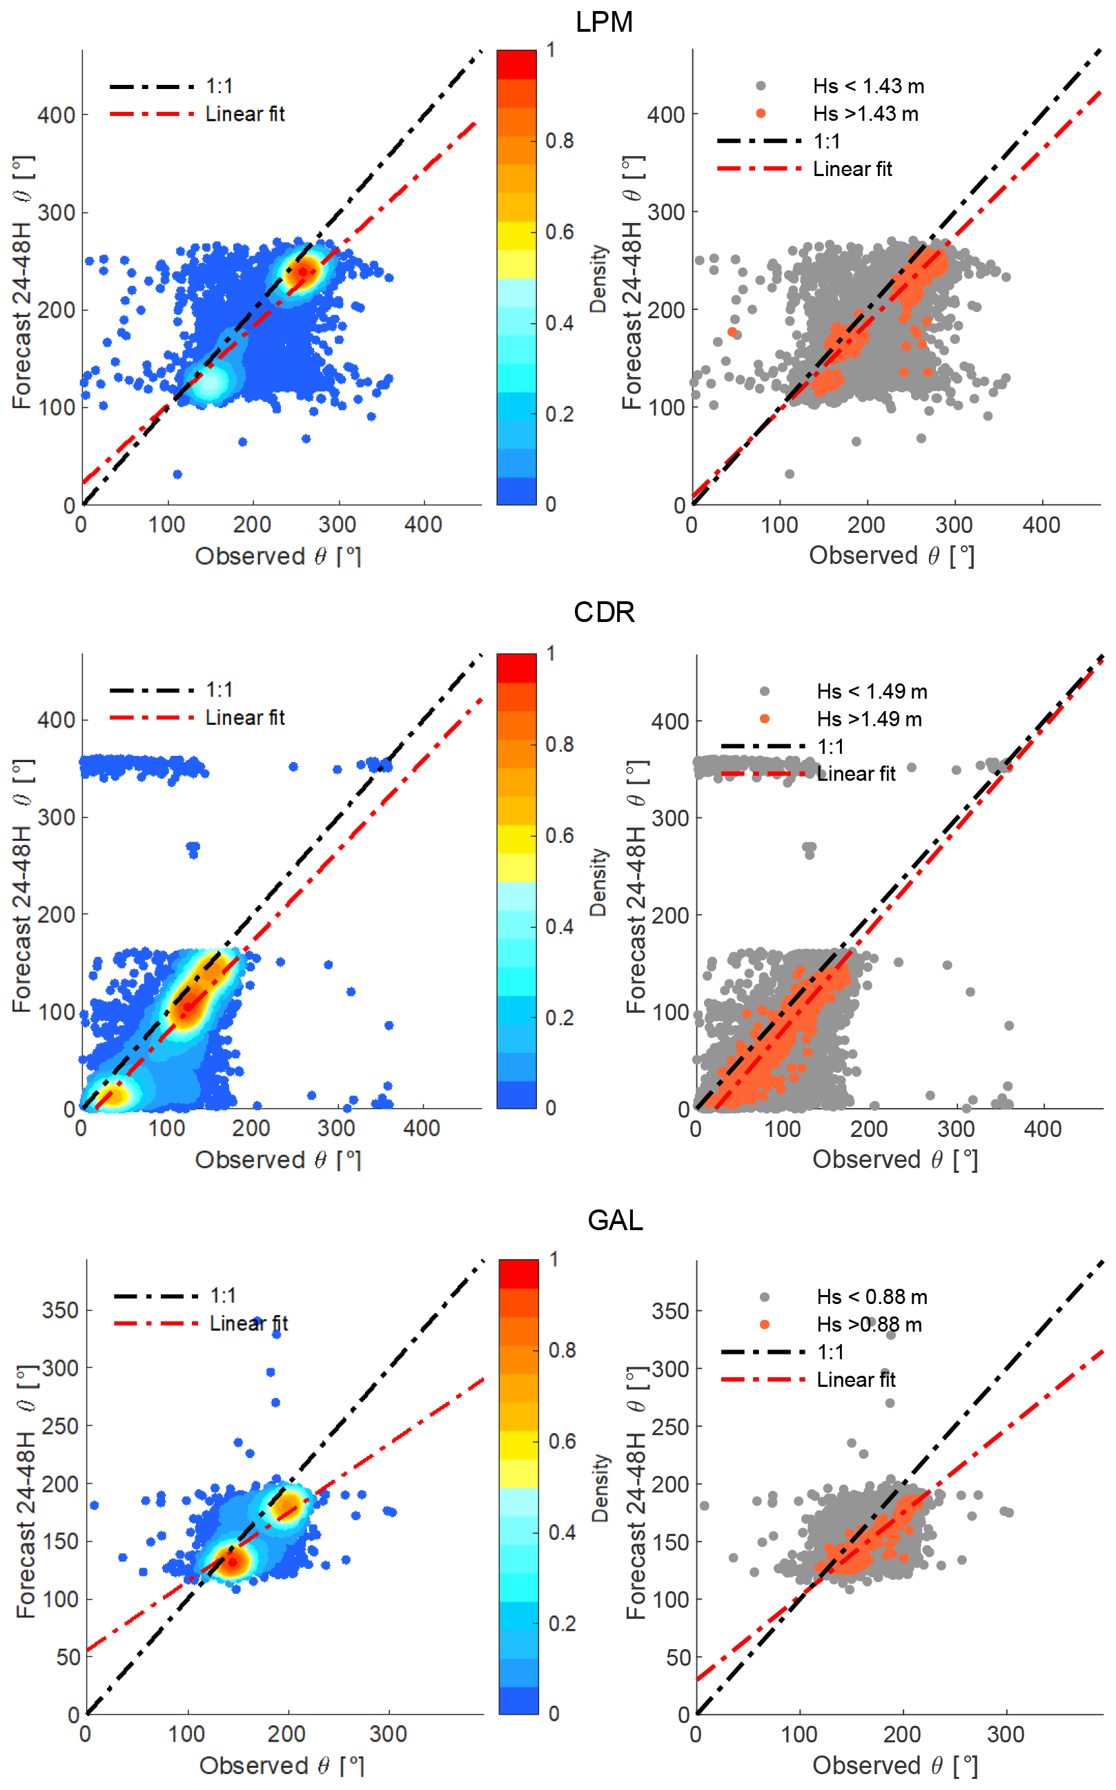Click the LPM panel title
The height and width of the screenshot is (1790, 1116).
(604, 22)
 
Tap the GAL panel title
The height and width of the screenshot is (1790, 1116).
(615, 1220)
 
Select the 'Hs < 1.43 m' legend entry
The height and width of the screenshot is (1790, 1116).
(868, 86)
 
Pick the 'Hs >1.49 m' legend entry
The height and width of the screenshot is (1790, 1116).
(869, 719)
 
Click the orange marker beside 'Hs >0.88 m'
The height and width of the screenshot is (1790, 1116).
(765, 1324)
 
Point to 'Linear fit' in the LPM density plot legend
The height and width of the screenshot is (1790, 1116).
(244, 114)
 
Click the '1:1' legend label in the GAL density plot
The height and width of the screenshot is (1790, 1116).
(223, 1296)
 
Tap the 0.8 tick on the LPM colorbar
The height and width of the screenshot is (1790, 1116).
(560, 140)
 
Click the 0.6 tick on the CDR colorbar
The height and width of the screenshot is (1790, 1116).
(560, 835)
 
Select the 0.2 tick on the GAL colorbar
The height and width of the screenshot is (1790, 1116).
(562, 1623)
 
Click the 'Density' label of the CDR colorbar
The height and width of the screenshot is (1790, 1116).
(598, 882)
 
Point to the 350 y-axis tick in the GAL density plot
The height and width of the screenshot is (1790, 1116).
(60, 1310)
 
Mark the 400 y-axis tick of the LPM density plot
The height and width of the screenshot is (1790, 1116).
(56, 115)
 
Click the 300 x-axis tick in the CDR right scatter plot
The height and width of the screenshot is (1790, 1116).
(956, 1129)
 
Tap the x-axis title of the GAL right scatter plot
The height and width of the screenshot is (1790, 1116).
(894, 1765)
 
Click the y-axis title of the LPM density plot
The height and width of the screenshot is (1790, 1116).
(22, 282)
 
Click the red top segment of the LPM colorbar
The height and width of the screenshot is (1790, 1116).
(516, 64)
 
